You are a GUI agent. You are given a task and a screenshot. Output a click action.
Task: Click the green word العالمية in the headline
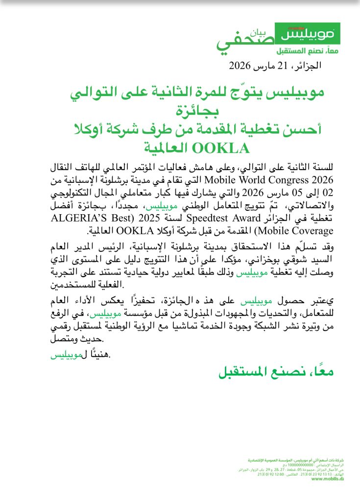tap(160, 147)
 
